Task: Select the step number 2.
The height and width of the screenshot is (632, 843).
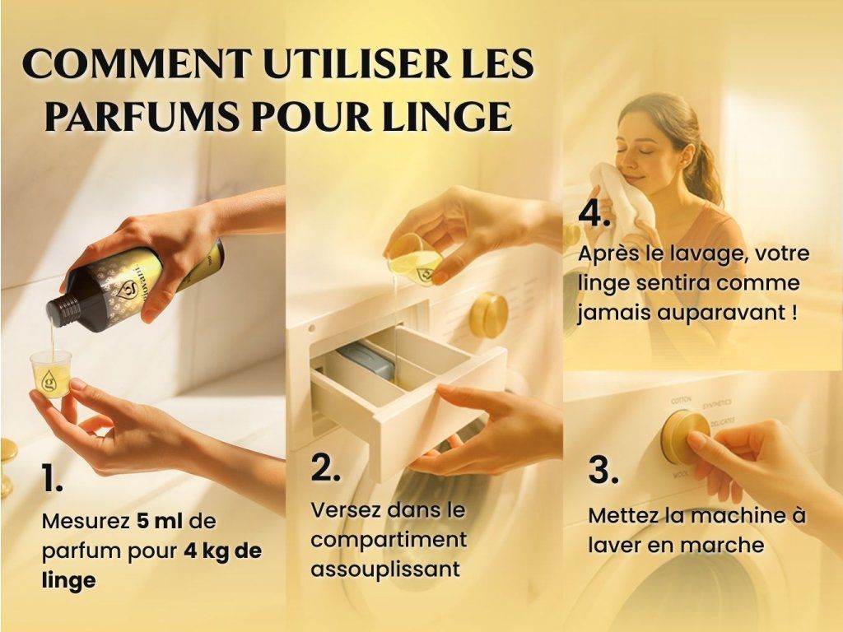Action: (x=325, y=467)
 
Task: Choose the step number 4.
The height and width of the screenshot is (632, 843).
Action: (x=594, y=214)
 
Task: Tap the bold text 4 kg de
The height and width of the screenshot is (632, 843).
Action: (x=222, y=551)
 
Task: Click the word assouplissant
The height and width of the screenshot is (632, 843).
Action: (x=385, y=569)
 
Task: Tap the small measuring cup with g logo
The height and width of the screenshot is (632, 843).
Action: (x=51, y=374)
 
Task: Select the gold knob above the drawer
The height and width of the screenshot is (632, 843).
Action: (x=489, y=315)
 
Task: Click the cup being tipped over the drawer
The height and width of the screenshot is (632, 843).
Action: (x=415, y=259)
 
